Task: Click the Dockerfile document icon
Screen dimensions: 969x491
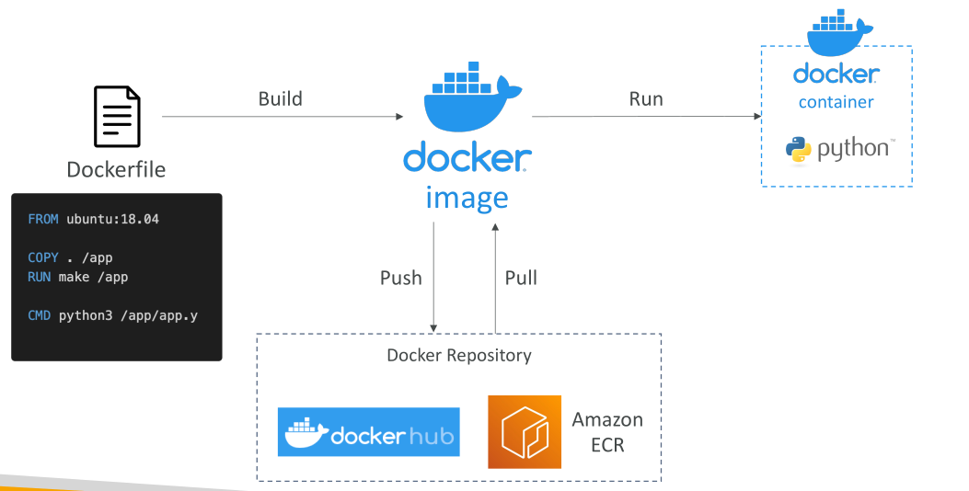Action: pyautogui.click(x=117, y=116)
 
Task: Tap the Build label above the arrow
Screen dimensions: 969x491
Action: pyautogui.click(x=281, y=98)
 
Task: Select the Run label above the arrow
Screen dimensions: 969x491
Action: pyautogui.click(x=646, y=98)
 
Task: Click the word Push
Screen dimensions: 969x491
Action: pyautogui.click(x=401, y=278)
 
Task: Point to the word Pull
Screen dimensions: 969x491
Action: pyautogui.click(x=521, y=278)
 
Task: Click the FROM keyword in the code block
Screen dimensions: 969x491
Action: pyautogui.click(x=43, y=219)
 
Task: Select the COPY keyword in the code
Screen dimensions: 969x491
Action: pyautogui.click(x=43, y=257)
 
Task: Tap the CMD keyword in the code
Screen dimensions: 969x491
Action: pyautogui.click(x=39, y=315)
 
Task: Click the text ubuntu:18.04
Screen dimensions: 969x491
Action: pyautogui.click(x=112, y=219)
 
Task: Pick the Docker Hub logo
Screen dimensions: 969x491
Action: pyautogui.click(x=368, y=432)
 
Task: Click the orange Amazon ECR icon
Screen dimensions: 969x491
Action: pyautogui.click(x=525, y=432)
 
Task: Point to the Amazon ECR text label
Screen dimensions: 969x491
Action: pyautogui.click(x=607, y=432)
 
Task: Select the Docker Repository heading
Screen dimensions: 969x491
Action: pyautogui.click(x=459, y=355)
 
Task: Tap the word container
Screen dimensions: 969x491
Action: pyautogui.click(x=836, y=102)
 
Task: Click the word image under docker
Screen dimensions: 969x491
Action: pyautogui.click(x=467, y=199)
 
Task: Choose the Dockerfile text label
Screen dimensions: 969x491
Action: pyautogui.click(x=116, y=169)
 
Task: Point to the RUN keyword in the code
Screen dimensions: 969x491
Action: pyautogui.click(x=39, y=277)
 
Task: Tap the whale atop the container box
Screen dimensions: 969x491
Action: pyautogui.click(x=839, y=32)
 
